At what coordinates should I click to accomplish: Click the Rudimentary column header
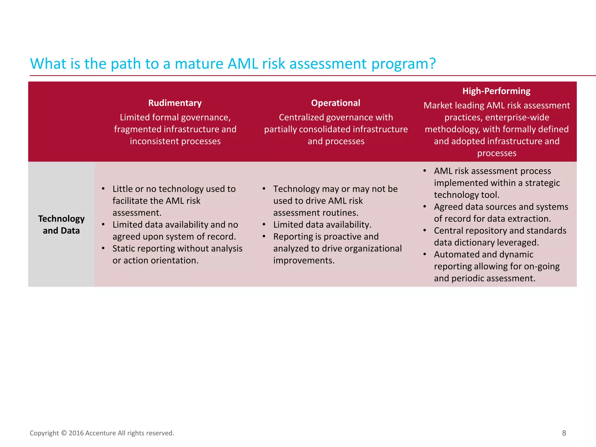click(175, 103)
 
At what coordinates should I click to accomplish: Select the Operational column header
click(336, 103)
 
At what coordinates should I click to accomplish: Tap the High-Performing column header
click(496, 91)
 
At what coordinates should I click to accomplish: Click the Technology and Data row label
click(61, 224)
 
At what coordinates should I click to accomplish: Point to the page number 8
click(564, 433)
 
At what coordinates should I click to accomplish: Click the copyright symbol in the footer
click(64, 433)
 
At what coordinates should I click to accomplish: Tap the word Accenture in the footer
click(101, 433)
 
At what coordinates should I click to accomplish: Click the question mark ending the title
click(432, 63)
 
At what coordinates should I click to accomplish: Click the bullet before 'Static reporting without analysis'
click(103, 248)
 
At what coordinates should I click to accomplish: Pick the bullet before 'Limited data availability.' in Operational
click(264, 224)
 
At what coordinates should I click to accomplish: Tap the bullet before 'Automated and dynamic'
click(425, 254)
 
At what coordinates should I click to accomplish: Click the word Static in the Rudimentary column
click(123, 249)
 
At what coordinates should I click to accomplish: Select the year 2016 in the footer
click(77, 433)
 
